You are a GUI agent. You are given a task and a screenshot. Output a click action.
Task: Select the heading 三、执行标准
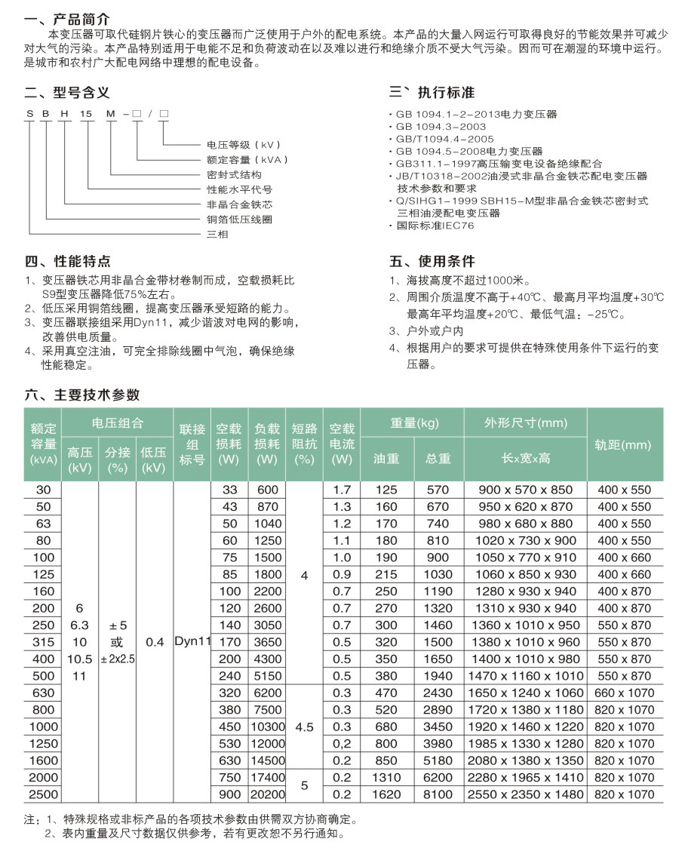point(432,93)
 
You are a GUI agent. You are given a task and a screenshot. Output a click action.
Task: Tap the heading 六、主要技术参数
point(82,395)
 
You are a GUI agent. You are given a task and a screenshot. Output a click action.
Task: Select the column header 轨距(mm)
point(622,445)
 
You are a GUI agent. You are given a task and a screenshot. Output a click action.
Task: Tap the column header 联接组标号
point(192,444)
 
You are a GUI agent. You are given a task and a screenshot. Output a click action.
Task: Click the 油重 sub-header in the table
point(387,459)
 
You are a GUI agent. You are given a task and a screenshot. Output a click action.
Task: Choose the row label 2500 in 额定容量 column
point(44,794)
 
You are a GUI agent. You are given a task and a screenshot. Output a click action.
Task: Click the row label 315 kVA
point(44,642)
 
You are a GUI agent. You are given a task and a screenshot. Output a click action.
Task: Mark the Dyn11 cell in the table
point(192,642)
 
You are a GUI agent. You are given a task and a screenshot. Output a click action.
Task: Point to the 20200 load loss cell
point(267,794)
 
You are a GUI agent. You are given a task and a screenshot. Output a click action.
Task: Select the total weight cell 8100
point(438,794)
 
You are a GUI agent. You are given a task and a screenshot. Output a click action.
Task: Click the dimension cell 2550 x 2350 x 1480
point(526,794)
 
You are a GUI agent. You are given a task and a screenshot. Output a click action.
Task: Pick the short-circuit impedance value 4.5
point(304,727)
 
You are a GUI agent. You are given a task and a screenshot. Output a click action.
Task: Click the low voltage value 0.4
point(154,642)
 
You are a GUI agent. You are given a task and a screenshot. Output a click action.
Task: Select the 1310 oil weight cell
point(387,778)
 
